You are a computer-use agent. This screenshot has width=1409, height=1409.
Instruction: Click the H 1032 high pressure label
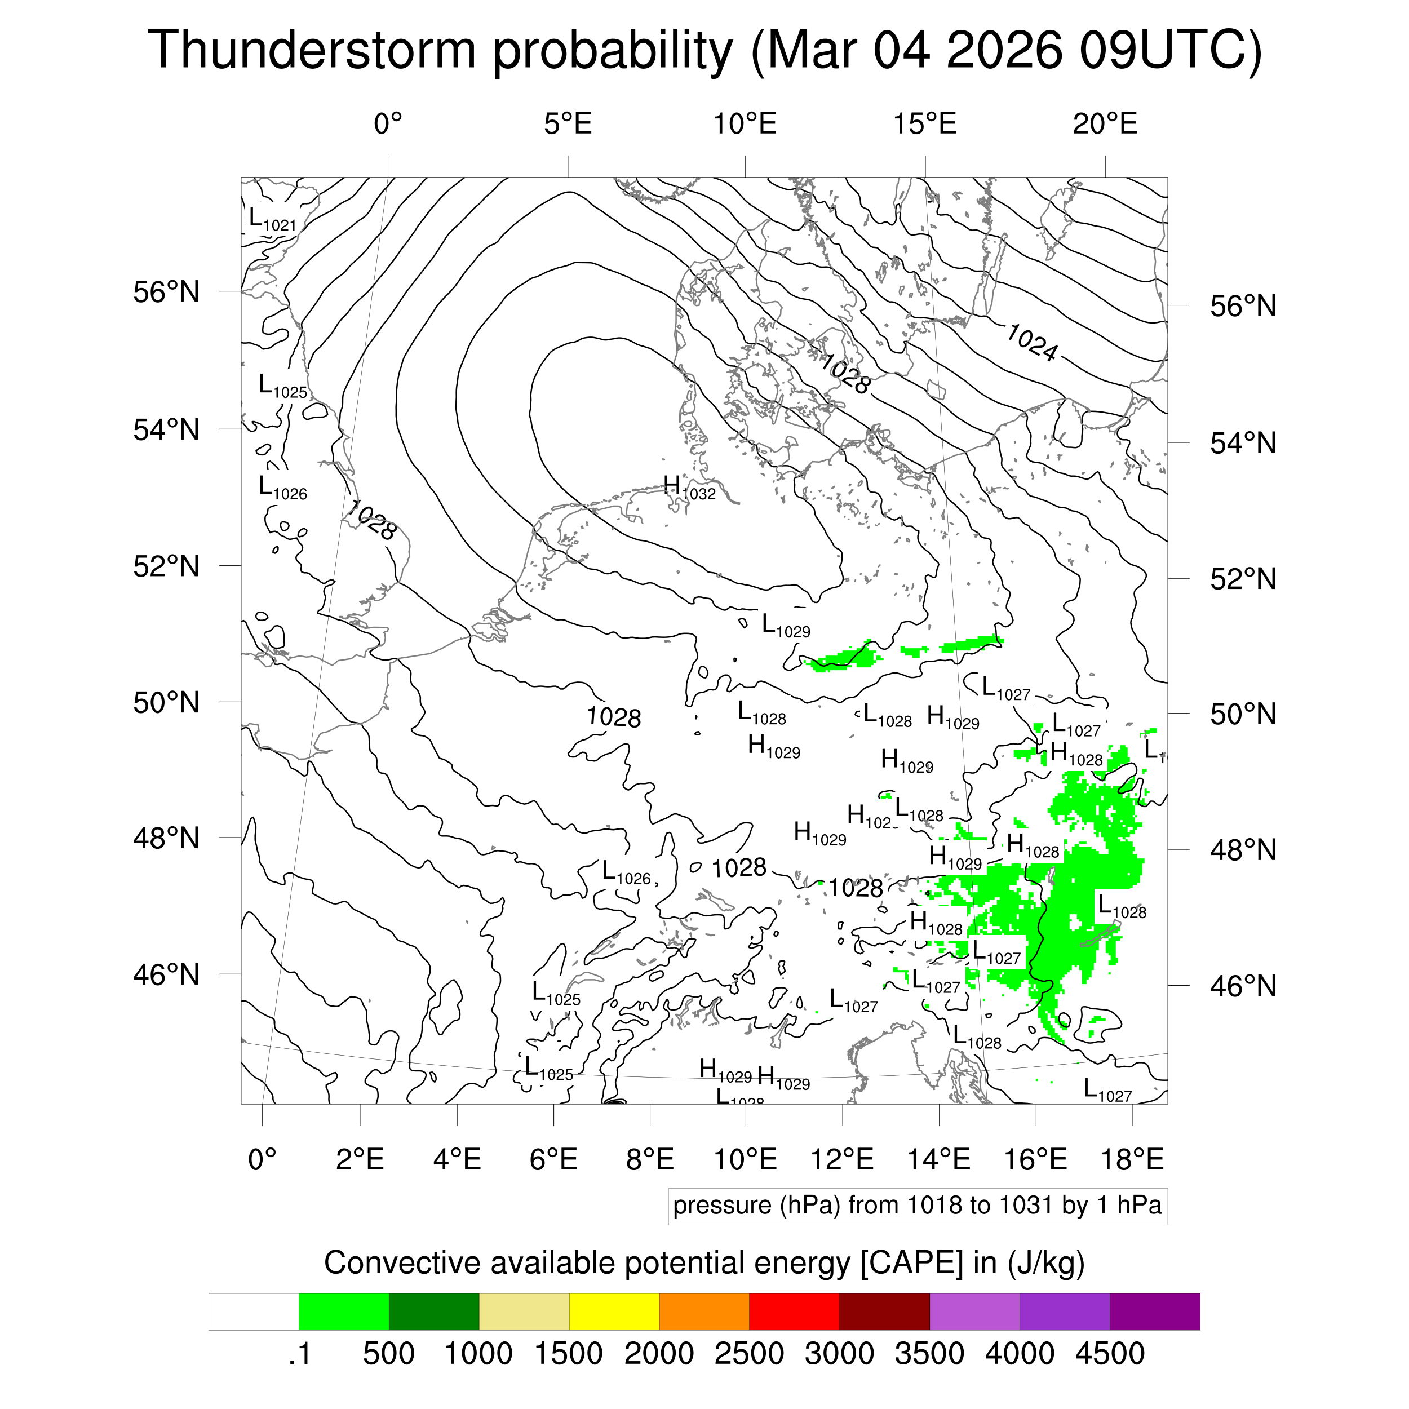pos(689,488)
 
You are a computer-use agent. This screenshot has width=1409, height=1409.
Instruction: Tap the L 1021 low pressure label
pos(272,219)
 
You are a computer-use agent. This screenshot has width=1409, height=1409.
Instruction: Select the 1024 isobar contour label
pos(1031,342)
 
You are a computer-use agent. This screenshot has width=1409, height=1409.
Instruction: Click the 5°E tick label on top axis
pos(568,124)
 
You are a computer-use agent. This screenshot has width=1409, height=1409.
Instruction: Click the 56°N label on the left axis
pos(166,293)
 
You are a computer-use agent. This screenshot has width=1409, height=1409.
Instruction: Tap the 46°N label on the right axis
pos(1243,986)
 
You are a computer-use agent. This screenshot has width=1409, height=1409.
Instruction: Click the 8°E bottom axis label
pos(650,1159)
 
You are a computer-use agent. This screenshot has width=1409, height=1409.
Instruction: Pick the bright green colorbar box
pos(343,1312)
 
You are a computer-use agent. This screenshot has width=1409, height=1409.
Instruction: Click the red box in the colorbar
pos(794,1312)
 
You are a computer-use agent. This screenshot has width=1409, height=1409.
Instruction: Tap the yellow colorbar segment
pos(614,1312)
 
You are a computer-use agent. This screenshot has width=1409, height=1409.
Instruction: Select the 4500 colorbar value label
pos(1109,1354)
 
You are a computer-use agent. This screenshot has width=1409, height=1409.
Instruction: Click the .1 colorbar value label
pos(299,1354)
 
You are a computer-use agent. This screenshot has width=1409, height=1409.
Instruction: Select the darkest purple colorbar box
pos(1154,1312)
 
